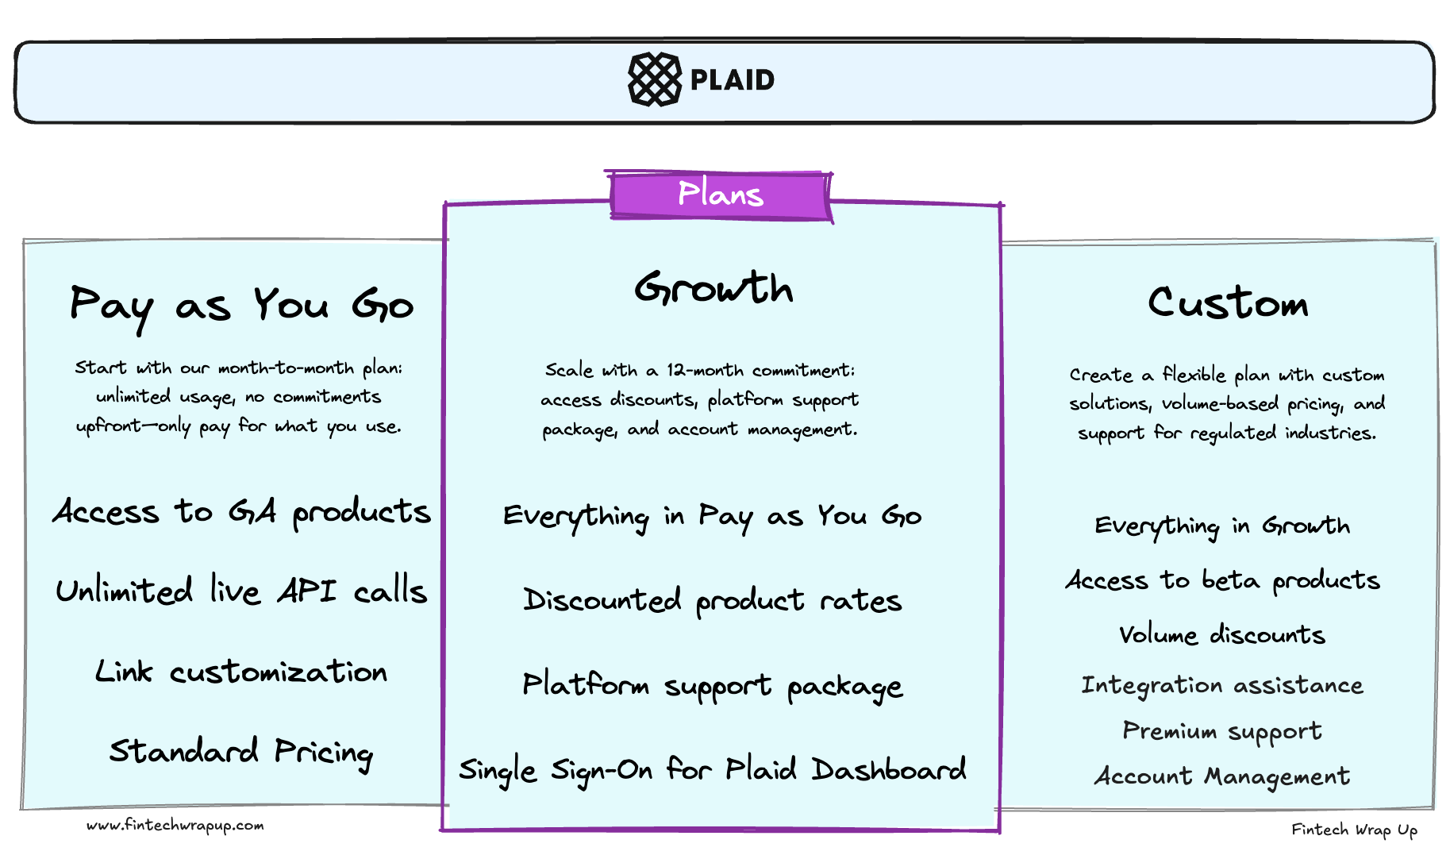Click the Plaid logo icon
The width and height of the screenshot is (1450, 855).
pos(654,79)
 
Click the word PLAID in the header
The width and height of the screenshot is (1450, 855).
pos(732,79)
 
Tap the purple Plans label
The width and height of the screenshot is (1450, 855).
pos(720,194)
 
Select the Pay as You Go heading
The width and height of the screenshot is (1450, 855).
pos(241,306)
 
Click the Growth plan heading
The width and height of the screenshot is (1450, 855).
pos(713,288)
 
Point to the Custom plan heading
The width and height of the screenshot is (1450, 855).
pos(1227,303)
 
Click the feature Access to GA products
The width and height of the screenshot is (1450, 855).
pos(241,512)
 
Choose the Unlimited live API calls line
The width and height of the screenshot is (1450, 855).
pos(241,591)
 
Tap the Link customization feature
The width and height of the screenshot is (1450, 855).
pos(241,672)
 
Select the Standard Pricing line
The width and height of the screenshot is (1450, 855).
pos(241,751)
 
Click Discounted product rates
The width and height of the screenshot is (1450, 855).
pos(712,601)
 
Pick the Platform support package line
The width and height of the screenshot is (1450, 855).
pos(712,686)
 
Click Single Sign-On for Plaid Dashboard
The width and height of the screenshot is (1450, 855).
pos(712,770)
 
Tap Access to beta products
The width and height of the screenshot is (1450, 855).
pos(1222,580)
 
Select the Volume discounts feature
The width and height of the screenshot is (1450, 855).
pos(1222,634)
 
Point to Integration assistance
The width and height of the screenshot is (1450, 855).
pos(1222,685)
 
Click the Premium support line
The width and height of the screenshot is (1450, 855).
pos(1222,731)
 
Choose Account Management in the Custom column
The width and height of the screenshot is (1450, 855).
pos(1222,776)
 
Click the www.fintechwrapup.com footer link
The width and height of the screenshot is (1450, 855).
pos(175,826)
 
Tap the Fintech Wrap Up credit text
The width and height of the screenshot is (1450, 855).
pos(1354,830)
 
